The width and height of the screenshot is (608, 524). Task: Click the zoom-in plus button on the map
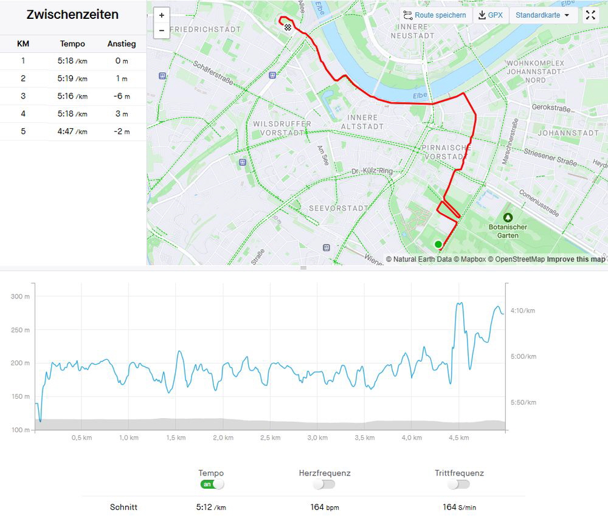pos(162,16)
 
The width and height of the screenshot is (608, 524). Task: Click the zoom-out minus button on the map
pos(162,30)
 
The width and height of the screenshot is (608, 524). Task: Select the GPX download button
pos(491,15)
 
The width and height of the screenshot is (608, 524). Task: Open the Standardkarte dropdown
pos(543,15)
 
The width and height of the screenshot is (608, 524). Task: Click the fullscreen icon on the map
pos(590,15)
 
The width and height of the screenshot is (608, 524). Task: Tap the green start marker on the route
pos(438,244)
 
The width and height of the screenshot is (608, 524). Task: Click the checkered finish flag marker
pos(287,27)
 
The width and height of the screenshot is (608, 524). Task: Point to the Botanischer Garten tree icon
pos(508,217)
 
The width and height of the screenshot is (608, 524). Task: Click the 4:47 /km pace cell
pos(72,131)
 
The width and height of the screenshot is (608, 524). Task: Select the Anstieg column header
pos(122,44)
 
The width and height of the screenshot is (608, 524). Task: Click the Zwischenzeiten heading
pos(72,15)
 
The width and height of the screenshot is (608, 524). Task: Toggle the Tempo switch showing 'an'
pos(212,484)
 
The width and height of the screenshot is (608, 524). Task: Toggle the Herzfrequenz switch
pos(325,484)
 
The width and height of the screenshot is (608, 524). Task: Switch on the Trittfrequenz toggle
pos(459,484)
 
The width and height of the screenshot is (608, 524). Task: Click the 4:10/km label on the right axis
pos(522,311)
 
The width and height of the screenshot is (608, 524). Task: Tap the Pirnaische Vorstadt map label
pos(446,152)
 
